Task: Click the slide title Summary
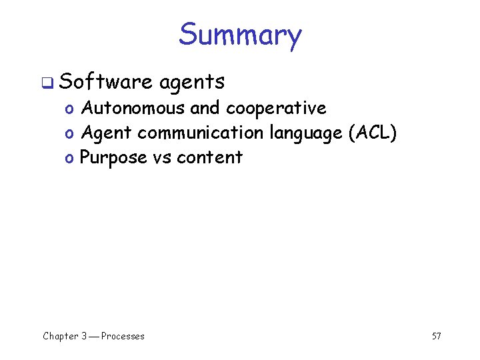point(240,35)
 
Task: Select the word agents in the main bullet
point(192,83)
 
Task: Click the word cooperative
point(276,109)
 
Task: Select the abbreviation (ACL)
point(372,133)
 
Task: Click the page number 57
point(436,336)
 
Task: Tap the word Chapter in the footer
point(60,336)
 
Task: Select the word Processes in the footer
point(123,336)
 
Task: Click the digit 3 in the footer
point(84,336)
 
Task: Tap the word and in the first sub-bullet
point(205,108)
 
